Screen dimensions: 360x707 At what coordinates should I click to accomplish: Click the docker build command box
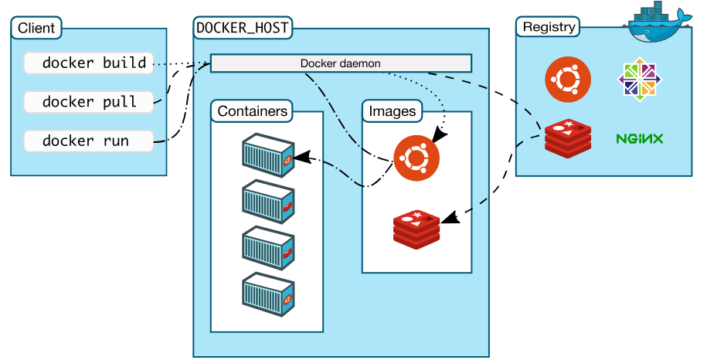pyautogui.click(x=89, y=63)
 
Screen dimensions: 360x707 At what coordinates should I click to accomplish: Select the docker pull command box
pyautogui.click(x=89, y=102)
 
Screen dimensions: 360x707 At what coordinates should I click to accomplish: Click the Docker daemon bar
pyautogui.click(x=341, y=63)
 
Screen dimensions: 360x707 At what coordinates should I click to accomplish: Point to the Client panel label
pyautogui.click(x=36, y=29)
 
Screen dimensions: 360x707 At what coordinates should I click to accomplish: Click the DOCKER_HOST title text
pyautogui.click(x=243, y=28)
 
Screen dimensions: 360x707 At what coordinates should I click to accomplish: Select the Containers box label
pyautogui.click(x=252, y=111)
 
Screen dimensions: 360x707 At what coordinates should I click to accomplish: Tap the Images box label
pyautogui.click(x=392, y=111)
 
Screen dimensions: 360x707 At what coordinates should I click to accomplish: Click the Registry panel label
pyautogui.click(x=549, y=28)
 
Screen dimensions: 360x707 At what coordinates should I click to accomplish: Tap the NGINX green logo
pyautogui.click(x=640, y=139)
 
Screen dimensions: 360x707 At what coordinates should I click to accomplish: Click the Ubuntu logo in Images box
pyautogui.click(x=416, y=158)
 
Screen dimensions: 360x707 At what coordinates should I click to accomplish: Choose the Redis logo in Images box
pyautogui.click(x=416, y=228)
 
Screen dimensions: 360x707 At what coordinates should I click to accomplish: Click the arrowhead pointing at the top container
pyautogui.click(x=303, y=158)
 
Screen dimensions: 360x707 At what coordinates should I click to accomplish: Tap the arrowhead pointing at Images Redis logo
pyautogui.click(x=454, y=220)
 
